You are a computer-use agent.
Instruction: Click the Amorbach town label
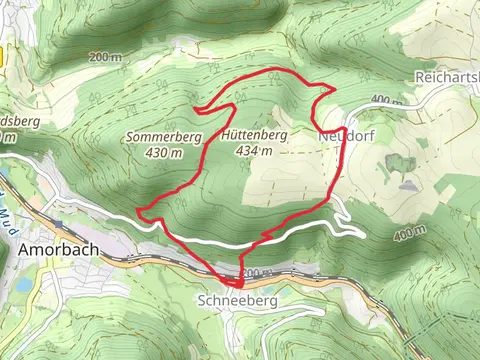coord(57,250)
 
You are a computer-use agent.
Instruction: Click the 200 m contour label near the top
coord(104,57)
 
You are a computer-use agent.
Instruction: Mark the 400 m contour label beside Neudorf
coord(384,100)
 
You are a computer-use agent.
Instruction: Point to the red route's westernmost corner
coord(139,211)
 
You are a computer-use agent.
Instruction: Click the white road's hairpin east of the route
coord(357,232)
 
